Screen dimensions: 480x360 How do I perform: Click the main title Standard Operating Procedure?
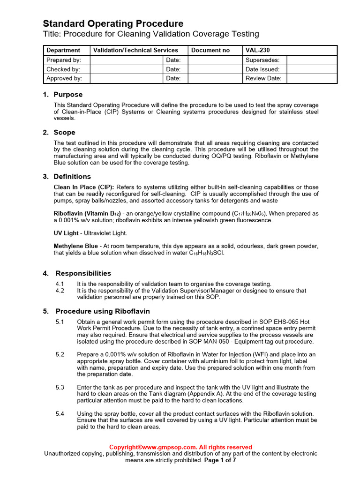click(113, 23)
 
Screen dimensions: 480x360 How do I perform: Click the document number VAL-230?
click(258, 50)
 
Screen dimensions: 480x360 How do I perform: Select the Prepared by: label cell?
click(64, 60)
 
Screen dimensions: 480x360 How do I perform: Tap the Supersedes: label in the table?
click(262, 60)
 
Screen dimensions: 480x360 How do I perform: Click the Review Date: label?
click(263, 78)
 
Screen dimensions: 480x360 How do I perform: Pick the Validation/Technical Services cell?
click(136, 50)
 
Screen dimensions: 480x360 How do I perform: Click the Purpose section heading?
click(67, 94)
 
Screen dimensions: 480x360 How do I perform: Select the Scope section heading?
click(64, 132)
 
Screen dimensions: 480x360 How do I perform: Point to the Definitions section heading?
click(72, 176)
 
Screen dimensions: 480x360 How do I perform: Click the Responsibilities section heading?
click(83, 273)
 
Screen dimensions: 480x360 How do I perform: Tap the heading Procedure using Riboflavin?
click(103, 311)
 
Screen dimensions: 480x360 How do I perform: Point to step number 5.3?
click(60, 387)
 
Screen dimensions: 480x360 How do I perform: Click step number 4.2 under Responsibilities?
click(60, 291)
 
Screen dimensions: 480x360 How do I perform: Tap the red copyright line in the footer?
click(180, 447)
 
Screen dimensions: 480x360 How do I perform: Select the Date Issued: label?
click(262, 69)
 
